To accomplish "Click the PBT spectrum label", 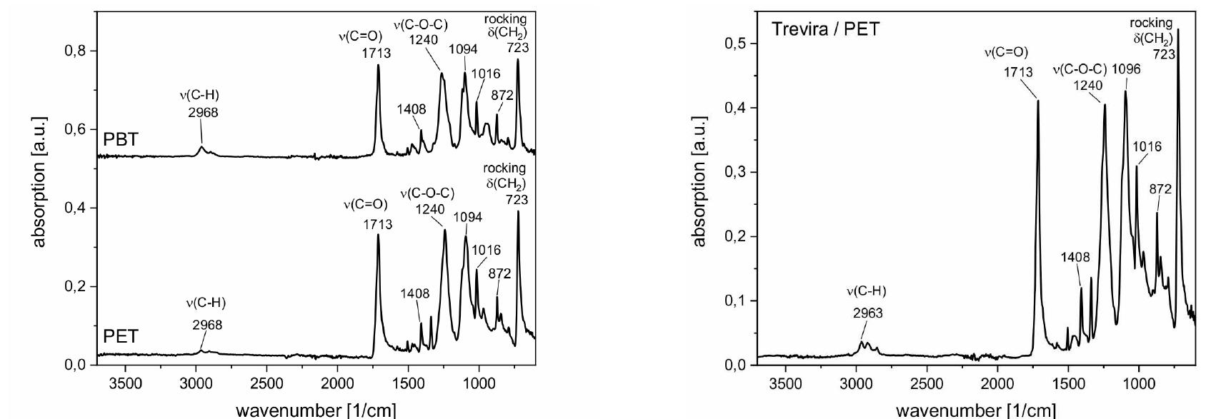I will [121, 139].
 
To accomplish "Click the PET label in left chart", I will [121, 336].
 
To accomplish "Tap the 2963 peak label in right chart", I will [867, 313].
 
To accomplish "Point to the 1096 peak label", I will [1126, 69].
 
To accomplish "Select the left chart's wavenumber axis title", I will [315, 410].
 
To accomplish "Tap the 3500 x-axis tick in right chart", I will [785, 383].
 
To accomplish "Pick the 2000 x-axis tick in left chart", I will [337, 383].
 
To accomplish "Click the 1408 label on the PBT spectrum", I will [412, 109].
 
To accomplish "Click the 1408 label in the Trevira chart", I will [1075, 258].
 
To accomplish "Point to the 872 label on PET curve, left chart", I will [500, 273].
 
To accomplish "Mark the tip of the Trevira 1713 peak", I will [1037, 101].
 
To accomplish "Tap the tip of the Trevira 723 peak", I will [1177, 29].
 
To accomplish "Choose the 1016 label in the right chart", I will [1147, 146].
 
